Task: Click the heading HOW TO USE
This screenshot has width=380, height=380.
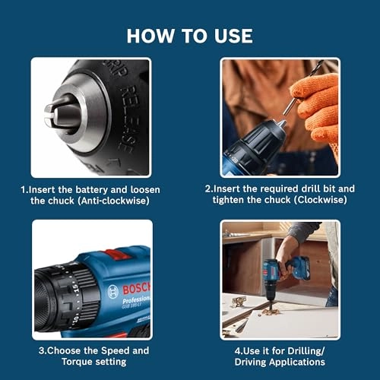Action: click(x=189, y=36)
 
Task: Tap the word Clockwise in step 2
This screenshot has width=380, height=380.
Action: click(x=318, y=200)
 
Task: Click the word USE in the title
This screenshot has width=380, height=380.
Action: click(x=233, y=36)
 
